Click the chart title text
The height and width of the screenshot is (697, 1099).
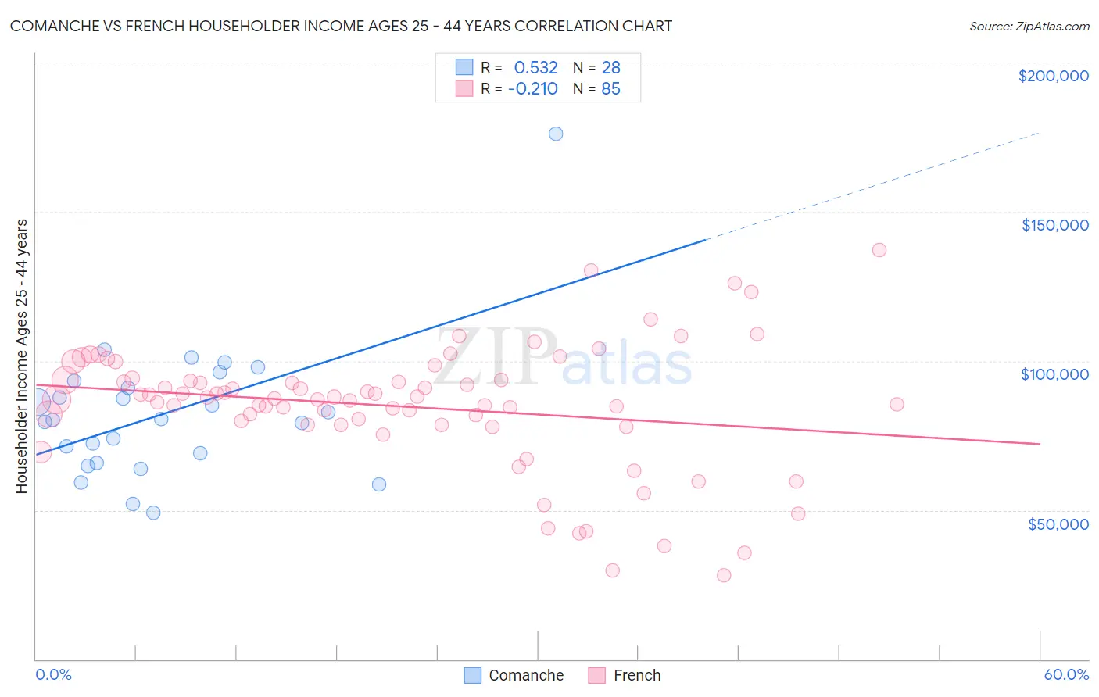coord(341,27)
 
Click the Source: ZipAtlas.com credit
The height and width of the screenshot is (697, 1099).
coord(1029,27)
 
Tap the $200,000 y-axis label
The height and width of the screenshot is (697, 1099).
coord(1053,76)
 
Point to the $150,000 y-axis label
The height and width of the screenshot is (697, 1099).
coord(1054,225)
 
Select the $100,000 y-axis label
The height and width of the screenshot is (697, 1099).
coord(1054,374)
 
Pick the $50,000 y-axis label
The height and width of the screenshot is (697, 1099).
coord(1058,524)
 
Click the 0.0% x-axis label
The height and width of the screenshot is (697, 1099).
coord(53,674)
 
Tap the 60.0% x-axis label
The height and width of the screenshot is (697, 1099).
coord(1066,674)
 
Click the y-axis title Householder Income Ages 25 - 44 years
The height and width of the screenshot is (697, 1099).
coord(22,356)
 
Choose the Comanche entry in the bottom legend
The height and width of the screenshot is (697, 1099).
coord(525,675)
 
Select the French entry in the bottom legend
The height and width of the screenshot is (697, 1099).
coord(636,675)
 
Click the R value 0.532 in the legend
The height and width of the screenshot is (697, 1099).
coord(535,68)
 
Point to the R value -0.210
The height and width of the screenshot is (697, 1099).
coord(532,89)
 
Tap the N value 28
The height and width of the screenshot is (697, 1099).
coord(610,68)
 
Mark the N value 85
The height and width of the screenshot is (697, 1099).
coord(610,89)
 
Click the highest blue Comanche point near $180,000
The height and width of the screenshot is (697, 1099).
coord(556,134)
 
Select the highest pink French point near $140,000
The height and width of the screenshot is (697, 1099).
coord(879,250)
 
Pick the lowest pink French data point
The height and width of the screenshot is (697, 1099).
coord(724,575)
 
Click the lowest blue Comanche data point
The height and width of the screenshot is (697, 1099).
coord(153,513)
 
